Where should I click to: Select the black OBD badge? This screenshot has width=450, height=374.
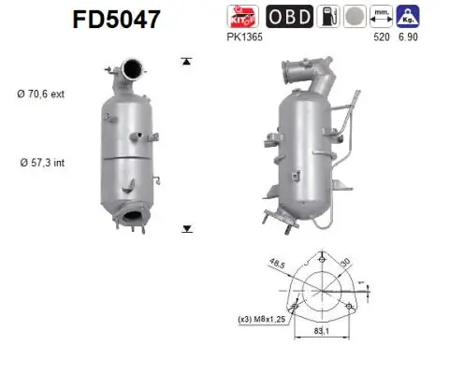[x=290, y=16]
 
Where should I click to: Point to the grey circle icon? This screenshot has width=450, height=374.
[x=356, y=16]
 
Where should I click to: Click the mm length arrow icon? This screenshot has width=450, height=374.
[x=381, y=16]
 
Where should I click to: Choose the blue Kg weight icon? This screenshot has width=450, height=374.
[x=408, y=16]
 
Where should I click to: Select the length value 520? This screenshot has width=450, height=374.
[x=380, y=36]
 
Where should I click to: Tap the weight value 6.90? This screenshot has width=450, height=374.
[x=408, y=36]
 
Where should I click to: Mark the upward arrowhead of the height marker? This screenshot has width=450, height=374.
[x=187, y=61]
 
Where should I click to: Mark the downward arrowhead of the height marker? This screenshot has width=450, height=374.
[x=187, y=227]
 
